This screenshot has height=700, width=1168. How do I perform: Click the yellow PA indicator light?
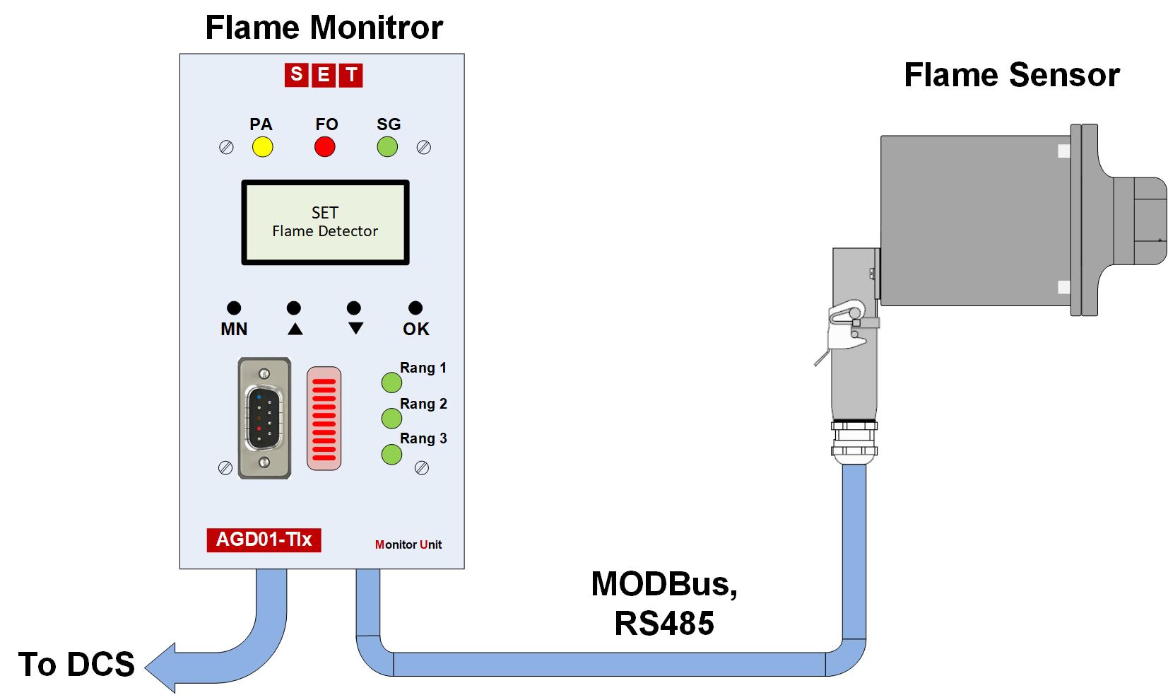point(262,147)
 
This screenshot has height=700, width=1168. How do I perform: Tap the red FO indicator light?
point(324,147)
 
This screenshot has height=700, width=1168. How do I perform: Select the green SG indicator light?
point(387,147)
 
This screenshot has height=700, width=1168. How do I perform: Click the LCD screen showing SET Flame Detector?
point(325,222)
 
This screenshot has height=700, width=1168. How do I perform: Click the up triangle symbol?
point(295,329)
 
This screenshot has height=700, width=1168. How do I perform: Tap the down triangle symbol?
point(355,329)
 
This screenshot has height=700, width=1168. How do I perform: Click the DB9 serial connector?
point(264,418)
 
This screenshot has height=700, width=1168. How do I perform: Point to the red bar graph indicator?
point(324,418)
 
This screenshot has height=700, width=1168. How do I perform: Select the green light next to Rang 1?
point(391,383)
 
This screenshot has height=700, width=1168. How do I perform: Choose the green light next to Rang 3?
point(391,454)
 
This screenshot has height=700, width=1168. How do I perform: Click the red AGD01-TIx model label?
point(264,539)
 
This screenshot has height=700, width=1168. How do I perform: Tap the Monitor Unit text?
point(408,544)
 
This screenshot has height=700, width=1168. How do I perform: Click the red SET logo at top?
point(324,75)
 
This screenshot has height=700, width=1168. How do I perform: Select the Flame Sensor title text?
point(1011,75)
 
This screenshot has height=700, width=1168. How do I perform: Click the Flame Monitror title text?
point(324,28)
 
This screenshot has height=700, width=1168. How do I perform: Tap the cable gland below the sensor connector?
point(854,442)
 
